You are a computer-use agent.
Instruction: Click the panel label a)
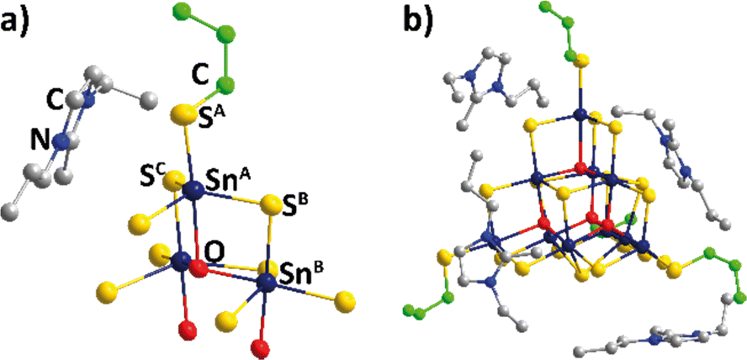pyautogui.click(x=19, y=19)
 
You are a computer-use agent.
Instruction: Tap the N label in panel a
pyautogui.click(x=38, y=144)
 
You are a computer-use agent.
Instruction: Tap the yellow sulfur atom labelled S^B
pyautogui.click(x=271, y=204)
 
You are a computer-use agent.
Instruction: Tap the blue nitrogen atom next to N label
pyautogui.click(x=61, y=142)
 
